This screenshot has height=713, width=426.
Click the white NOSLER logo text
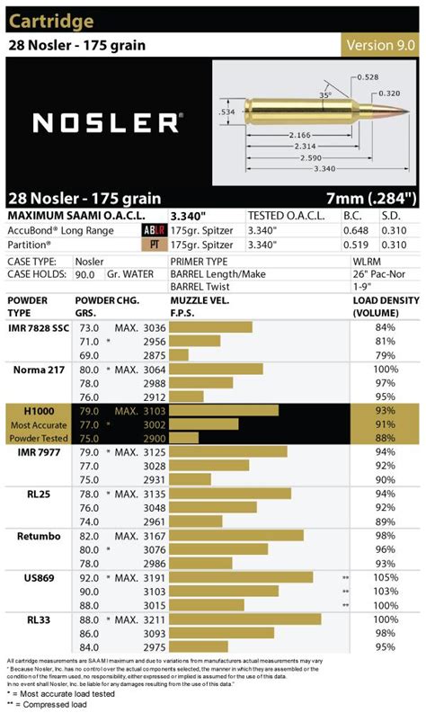point(106,120)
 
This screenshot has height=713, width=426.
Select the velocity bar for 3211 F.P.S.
point(245,619)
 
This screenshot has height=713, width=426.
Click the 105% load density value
point(385,577)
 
